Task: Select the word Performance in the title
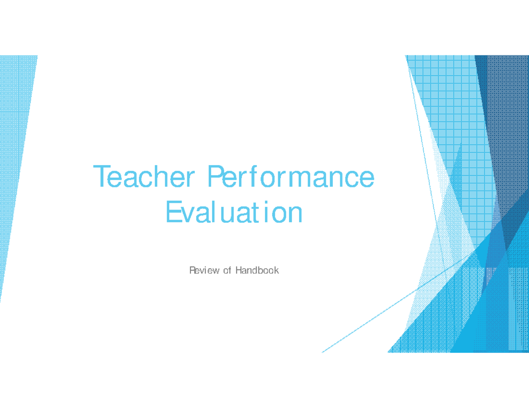[291, 177]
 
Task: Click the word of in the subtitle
[227, 270]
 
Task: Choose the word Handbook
[257, 270]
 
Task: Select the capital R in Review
[192, 270]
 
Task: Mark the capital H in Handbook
[238, 270]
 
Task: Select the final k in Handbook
[276, 270]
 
